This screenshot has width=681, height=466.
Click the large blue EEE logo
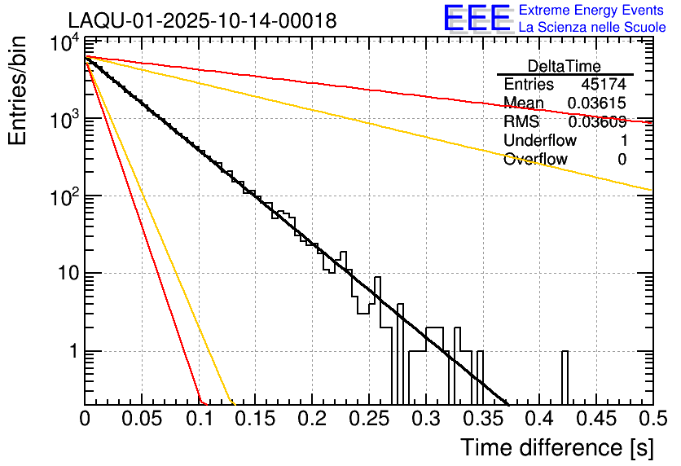477,19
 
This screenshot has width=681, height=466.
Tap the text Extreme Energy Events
592,11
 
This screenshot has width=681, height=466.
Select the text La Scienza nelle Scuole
592,27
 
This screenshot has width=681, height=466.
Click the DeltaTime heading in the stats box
564,66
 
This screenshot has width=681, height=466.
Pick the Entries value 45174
604,85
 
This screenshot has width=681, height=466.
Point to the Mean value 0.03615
597,103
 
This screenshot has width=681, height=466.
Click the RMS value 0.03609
597,122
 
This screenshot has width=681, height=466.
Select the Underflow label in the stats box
540,141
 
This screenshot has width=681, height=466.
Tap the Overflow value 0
622,160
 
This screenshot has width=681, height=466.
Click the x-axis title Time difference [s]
556,447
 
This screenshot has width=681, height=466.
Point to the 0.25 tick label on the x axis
368,420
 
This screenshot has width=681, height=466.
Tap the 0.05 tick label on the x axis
142,420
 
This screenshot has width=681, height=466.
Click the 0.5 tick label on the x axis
652,420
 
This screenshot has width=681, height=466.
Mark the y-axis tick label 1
72,352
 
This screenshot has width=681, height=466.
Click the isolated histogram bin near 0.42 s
565,377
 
